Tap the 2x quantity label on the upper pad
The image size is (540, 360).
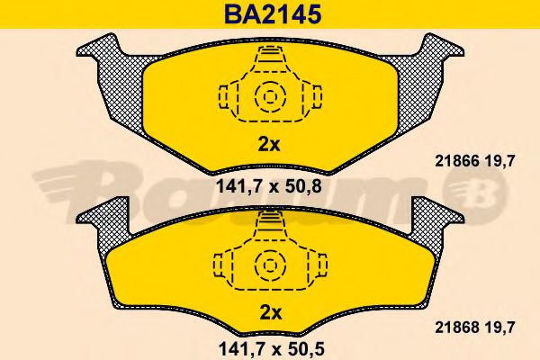tap(269, 143)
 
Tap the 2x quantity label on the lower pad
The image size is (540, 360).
tap(269, 313)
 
